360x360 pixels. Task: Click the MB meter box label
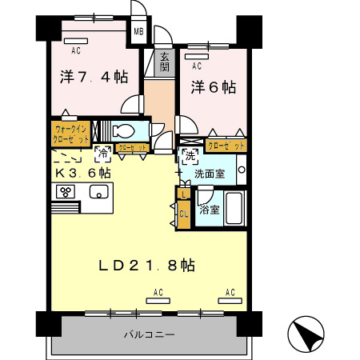point(138,32)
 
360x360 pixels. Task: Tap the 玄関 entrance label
point(164,62)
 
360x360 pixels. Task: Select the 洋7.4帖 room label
point(93,77)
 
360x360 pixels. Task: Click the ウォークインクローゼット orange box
point(71,133)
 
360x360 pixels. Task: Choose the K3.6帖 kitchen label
point(82,172)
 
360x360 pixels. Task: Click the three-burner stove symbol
point(66,192)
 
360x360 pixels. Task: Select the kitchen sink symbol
point(99,192)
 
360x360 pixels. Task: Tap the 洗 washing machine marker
point(190,154)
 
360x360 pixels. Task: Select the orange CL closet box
point(183,214)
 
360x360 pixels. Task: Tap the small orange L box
point(183,194)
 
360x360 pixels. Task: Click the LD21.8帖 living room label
point(147,264)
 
